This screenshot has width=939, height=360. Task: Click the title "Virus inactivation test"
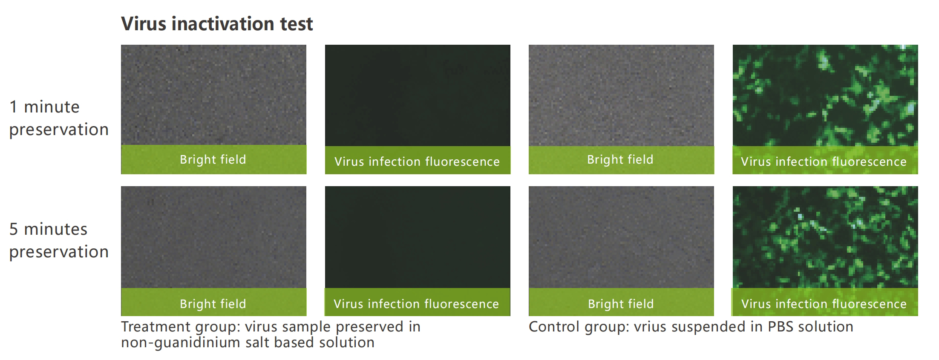(x=217, y=24)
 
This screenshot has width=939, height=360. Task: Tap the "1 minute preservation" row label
(x=59, y=118)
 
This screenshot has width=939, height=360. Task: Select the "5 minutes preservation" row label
(x=59, y=240)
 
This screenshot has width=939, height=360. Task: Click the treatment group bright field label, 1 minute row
(x=213, y=159)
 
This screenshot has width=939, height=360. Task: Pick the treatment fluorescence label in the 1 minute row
(x=417, y=161)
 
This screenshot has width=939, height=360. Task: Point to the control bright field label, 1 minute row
(x=620, y=159)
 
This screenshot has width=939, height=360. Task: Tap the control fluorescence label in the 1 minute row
(x=824, y=161)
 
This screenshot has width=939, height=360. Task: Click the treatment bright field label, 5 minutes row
(x=213, y=304)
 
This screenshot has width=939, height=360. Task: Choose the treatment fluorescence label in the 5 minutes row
(x=416, y=304)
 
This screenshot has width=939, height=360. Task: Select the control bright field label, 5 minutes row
(x=621, y=304)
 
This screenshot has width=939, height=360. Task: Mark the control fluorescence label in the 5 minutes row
(x=824, y=304)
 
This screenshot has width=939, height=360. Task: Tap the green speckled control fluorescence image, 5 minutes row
(x=825, y=237)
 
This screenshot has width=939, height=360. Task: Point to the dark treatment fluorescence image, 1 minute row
(x=418, y=95)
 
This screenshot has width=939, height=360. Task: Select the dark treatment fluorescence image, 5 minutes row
(x=418, y=237)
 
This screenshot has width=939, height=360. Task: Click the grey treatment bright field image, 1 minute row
(x=213, y=95)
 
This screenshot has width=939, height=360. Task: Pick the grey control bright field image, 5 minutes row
(x=621, y=237)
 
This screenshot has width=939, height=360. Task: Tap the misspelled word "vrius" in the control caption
(x=653, y=327)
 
